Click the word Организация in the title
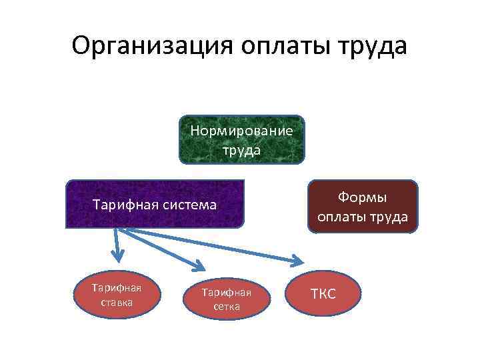click(152, 46)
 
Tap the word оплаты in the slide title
click(284, 46)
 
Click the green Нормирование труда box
click(241, 140)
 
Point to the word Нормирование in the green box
click(241, 131)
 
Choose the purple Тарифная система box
click(155, 204)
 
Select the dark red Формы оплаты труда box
click(362, 207)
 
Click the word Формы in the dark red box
click(362, 198)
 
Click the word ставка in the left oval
click(117, 302)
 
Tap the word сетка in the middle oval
click(227, 307)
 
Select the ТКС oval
click(323, 293)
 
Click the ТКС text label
click(323, 293)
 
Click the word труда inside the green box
click(241, 150)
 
